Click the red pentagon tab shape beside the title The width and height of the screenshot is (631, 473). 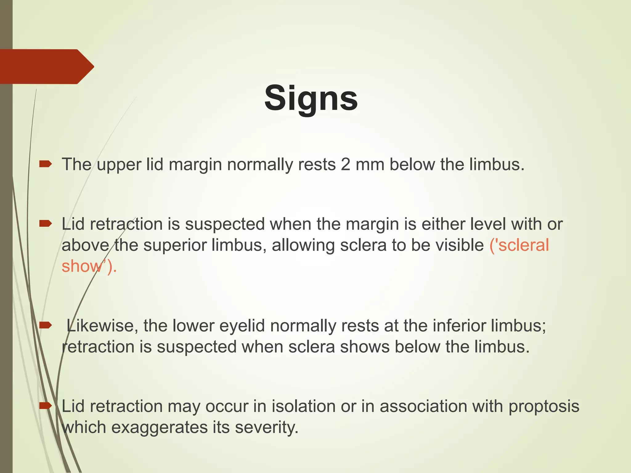pos(46,67)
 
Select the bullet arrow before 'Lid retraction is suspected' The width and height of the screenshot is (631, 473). pos(45,224)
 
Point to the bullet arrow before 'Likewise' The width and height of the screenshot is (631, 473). pos(45,325)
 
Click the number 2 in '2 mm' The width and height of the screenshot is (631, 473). pos(345,164)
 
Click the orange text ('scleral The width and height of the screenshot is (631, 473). pos(519,245)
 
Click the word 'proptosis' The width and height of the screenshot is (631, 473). pos(544,406)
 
